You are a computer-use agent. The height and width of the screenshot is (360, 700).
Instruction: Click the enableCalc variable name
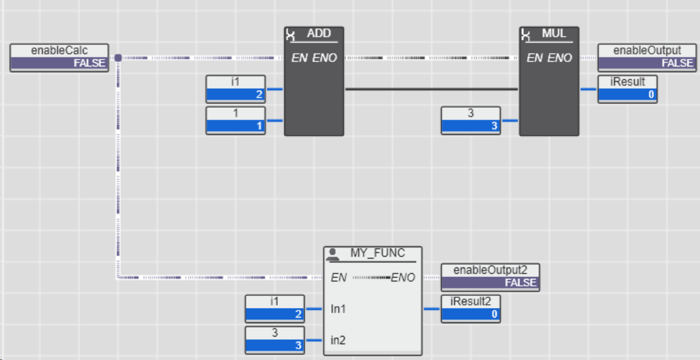(59, 50)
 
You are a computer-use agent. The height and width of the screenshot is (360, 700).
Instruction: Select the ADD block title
(319, 34)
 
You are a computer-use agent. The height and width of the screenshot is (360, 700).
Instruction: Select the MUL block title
(554, 34)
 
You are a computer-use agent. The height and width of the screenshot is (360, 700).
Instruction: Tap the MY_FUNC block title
(378, 254)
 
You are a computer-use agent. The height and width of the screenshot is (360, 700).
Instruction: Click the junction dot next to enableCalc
(118, 58)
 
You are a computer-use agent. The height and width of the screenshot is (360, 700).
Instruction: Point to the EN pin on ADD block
(299, 58)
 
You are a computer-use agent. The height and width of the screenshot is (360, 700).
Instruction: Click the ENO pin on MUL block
(560, 58)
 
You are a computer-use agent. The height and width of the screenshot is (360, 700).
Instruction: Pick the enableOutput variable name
(647, 50)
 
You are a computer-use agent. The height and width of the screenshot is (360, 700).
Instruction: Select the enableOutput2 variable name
(490, 270)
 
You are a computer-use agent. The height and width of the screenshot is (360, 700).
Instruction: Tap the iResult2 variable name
(471, 301)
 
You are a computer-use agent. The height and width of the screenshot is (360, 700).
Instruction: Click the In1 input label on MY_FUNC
(338, 309)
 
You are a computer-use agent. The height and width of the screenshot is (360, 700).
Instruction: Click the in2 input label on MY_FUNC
(338, 340)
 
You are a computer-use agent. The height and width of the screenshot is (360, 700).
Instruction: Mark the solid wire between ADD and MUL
(431, 89)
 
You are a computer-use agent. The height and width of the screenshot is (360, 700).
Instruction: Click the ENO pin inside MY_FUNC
(403, 278)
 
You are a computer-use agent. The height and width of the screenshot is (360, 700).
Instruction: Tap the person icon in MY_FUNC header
(333, 254)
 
